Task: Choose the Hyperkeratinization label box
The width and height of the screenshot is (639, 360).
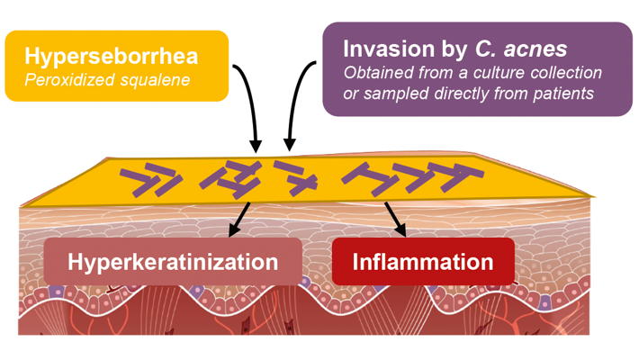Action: (x=173, y=263)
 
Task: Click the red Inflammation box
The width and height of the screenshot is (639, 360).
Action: (x=423, y=263)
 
